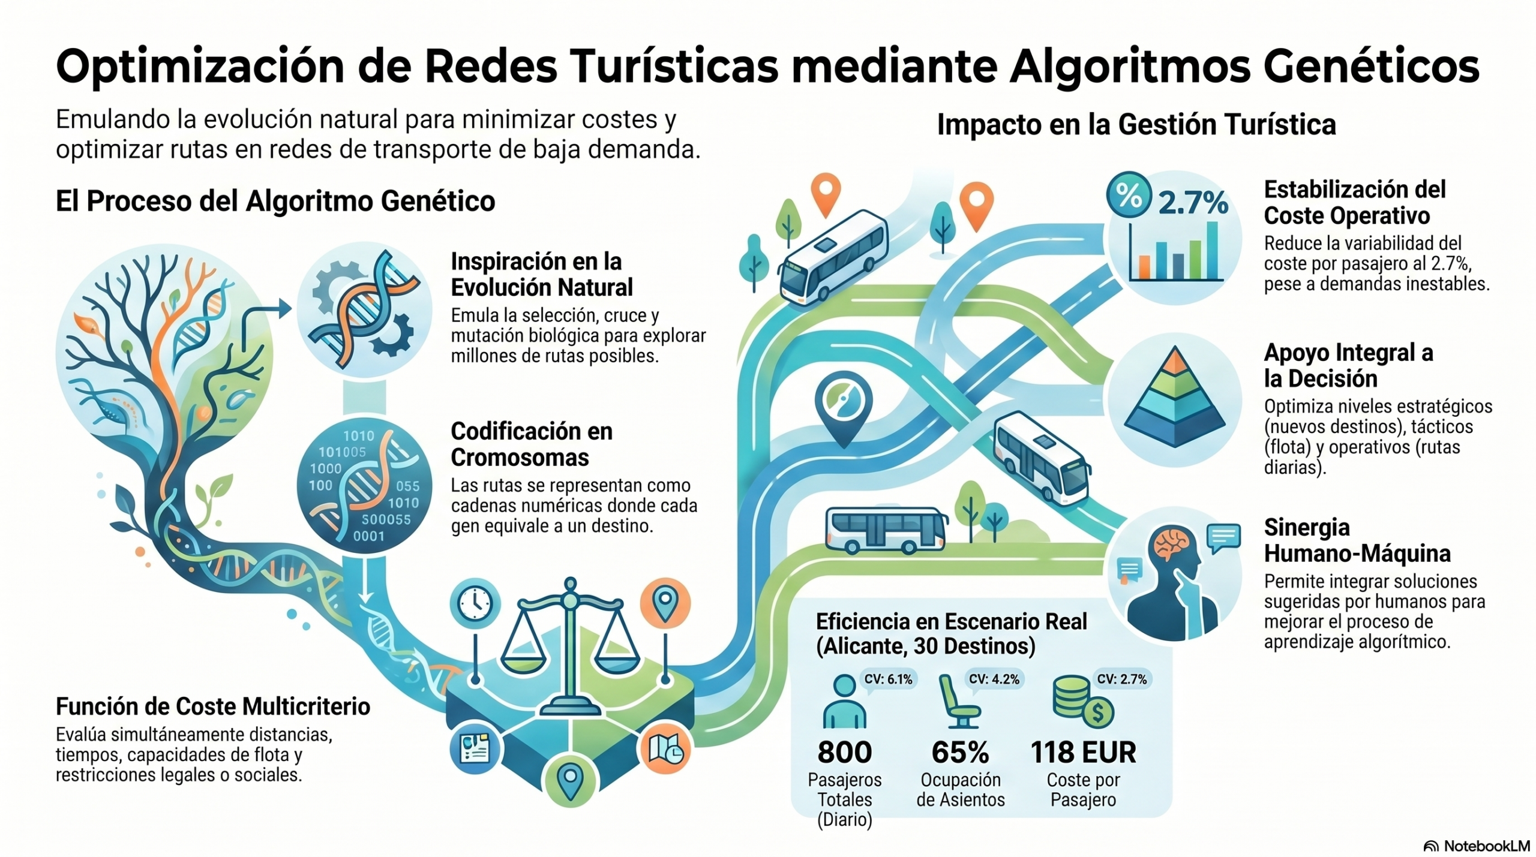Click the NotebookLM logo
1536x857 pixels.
coord(1476,846)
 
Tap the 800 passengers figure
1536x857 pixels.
coord(844,752)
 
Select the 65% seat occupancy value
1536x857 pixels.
coord(960,752)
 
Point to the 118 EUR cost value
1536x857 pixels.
coord(1083,752)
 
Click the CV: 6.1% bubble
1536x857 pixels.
coord(887,679)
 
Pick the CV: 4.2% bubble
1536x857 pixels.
coord(994,679)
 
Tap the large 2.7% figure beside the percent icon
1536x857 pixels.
coord(1193,203)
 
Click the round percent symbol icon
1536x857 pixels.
coord(1129,195)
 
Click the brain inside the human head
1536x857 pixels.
coord(1171,544)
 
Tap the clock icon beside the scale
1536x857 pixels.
coord(475,602)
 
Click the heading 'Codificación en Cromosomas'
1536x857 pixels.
coord(532,444)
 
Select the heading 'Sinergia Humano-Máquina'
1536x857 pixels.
coord(1357,540)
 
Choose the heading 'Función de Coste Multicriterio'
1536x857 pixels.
coord(213,706)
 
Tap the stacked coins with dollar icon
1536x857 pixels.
coord(1083,700)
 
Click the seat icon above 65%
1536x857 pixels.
coord(959,700)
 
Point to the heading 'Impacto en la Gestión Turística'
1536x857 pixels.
coord(1136,125)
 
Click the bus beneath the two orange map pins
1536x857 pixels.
coord(834,257)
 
